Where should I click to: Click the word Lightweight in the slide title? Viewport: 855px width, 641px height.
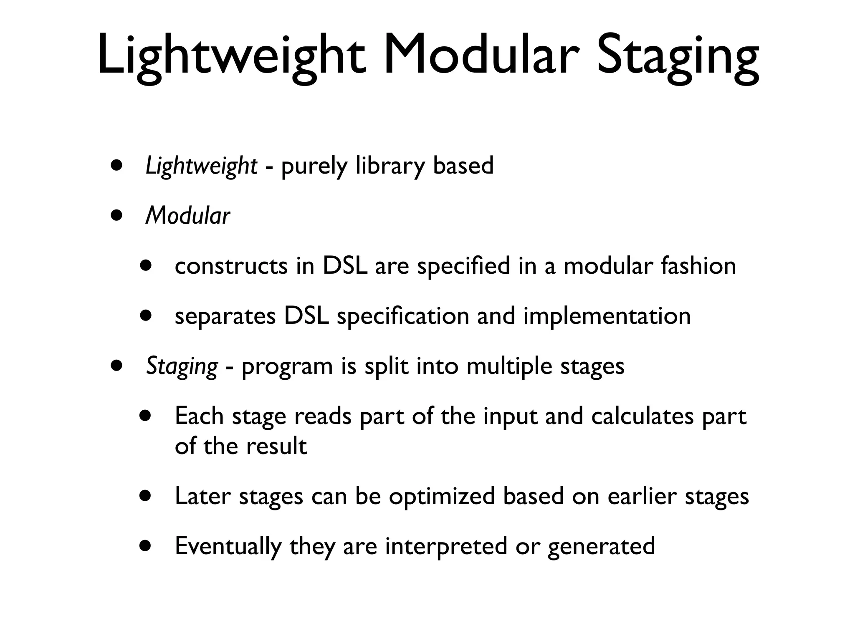(231, 56)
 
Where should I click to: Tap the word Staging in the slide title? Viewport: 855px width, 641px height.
(677, 56)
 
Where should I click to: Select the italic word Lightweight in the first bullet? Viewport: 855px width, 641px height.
(201, 166)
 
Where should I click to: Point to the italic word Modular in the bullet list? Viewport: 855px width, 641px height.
(187, 216)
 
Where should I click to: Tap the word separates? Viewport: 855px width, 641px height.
(225, 316)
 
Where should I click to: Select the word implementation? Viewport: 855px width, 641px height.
(607, 316)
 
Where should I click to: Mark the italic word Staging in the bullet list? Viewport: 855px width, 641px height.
(182, 366)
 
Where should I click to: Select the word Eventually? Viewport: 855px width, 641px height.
(228, 546)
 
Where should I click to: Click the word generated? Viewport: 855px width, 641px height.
(601, 546)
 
